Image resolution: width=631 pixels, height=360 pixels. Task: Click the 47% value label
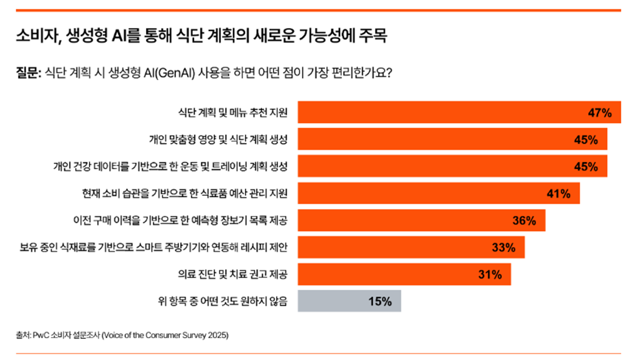point(600,113)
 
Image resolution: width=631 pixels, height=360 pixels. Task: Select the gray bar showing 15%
point(349,302)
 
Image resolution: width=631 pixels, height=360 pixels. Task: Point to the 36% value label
point(524,221)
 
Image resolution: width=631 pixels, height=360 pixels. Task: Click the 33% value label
point(504,247)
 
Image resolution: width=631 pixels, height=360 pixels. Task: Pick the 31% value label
point(490,275)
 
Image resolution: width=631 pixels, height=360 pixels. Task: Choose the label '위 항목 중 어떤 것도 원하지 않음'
point(223,302)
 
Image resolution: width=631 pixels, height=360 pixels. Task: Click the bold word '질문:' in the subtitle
point(28,73)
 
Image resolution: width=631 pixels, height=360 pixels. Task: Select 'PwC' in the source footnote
point(42,335)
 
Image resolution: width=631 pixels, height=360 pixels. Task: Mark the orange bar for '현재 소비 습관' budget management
point(439,194)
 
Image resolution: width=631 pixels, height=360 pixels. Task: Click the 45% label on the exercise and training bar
point(586,167)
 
